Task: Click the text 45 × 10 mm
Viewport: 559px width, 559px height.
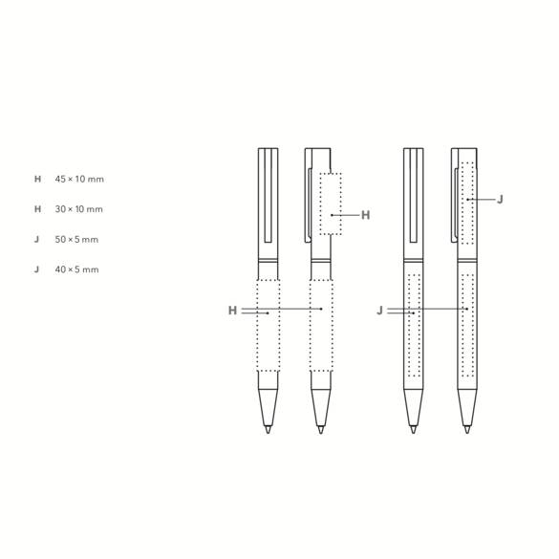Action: pyautogui.click(x=79, y=179)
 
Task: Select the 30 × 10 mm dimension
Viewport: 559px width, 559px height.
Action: pyautogui.click(x=78, y=209)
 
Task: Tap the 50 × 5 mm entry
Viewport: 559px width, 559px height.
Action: pyautogui.click(x=76, y=240)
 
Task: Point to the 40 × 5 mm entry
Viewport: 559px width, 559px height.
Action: pyautogui.click(x=76, y=269)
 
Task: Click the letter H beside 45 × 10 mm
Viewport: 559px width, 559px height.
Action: pyautogui.click(x=38, y=179)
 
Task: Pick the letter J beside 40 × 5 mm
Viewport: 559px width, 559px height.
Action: pyautogui.click(x=36, y=269)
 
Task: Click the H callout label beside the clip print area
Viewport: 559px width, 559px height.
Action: pyautogui.click(x=365, y=215)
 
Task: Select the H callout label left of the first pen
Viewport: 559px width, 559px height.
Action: pyautogui.click(x=232, y=311)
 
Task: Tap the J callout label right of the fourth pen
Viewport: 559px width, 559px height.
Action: pyautogui.click(x=500, y=200)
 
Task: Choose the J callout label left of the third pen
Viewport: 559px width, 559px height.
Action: pyautogui.click(x=379, y=311)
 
